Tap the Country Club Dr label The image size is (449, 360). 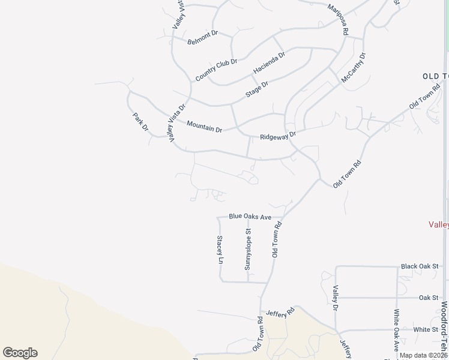point(217,70)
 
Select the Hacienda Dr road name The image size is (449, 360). point(269,62)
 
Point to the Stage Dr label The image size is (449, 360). point(257,90)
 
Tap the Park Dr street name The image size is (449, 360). point(140,121)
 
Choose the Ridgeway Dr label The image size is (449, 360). point(279,136)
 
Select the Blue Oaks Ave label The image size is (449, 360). point(250,216)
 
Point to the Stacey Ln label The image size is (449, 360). point(220,250)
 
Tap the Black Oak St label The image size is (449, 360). point(420,266)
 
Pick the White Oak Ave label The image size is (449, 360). point(396,330)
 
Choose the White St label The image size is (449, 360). point(426,329)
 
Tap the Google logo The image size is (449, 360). point(20,353)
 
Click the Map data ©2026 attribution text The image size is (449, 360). point(423,355)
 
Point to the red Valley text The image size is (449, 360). point(439,224)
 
